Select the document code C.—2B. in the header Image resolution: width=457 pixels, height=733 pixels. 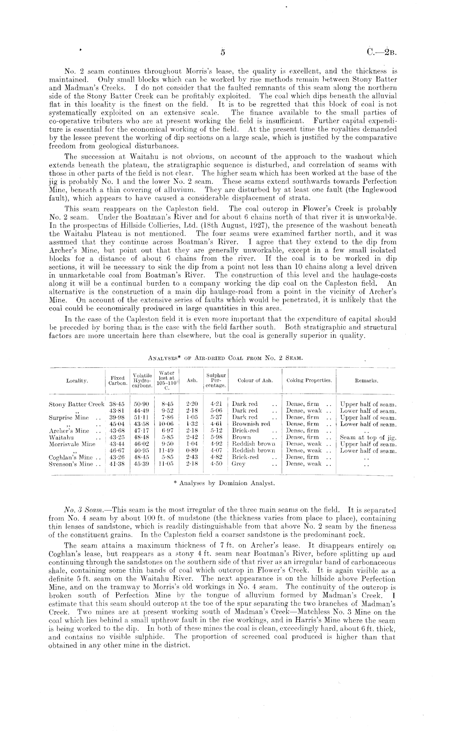pyautogui.click(x=382, y=52)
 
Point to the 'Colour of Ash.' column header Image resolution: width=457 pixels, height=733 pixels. pyautogui.click(x=255, y=380)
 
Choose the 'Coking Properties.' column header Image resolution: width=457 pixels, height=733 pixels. pyautogui.click(x=309, y=380)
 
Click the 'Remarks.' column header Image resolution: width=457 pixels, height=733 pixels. pyautogui.click(x=367, y=380)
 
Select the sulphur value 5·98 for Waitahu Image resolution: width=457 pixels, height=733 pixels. pyautogui.click(x=216, y=437)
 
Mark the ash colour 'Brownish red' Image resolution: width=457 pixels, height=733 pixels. pyautogui.click(x=251, y=424)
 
